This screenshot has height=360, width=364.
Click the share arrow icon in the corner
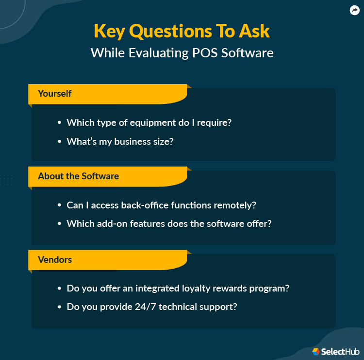pos(354,10)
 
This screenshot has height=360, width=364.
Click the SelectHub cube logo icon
pos(316,351)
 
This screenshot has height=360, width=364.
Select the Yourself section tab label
pos(55,93)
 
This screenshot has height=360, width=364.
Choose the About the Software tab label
pos(78,176)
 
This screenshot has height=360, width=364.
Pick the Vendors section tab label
pos(55,260)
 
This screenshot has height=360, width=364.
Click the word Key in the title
pos(111,31)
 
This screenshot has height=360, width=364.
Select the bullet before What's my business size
pos(59,142)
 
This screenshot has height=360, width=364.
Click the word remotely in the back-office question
pos(235,206)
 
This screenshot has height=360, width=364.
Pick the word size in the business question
pos(163,142)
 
